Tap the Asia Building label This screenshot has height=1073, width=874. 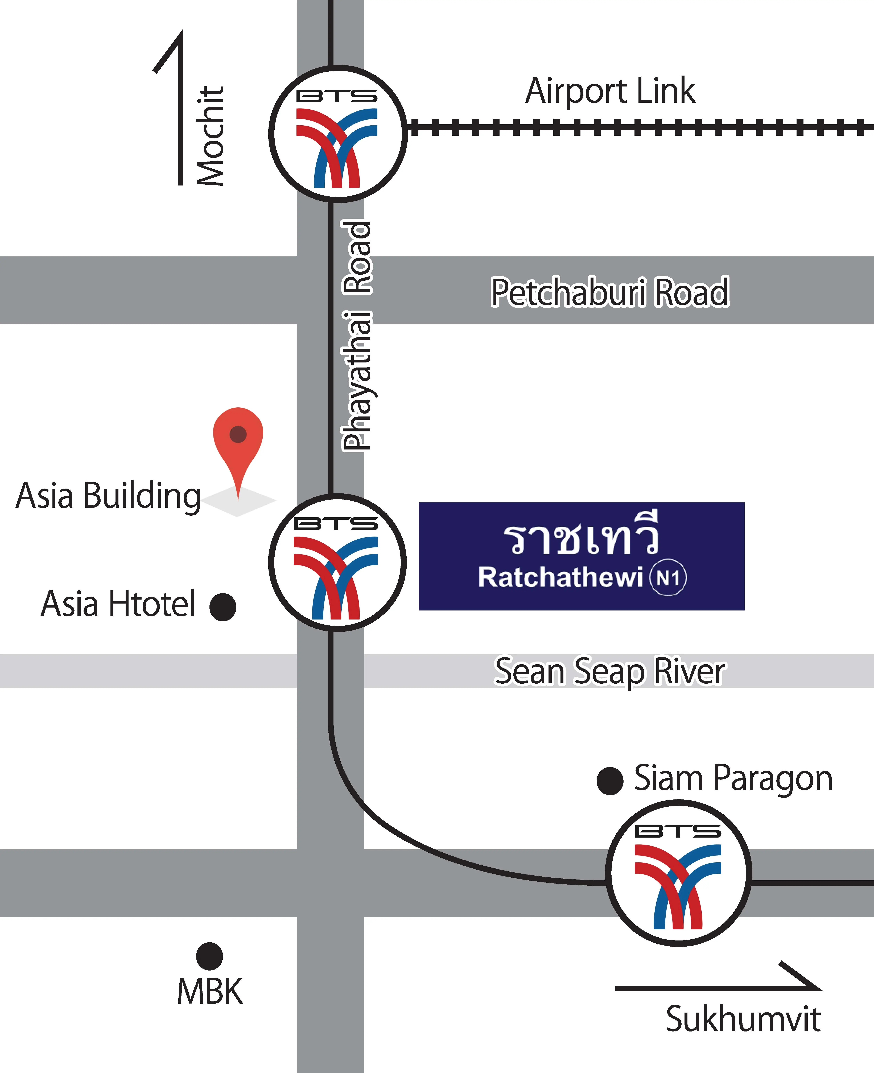108,496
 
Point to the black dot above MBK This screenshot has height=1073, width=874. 209,956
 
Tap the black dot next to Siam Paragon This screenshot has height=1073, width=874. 610,781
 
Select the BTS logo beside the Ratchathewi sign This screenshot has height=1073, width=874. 337,562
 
